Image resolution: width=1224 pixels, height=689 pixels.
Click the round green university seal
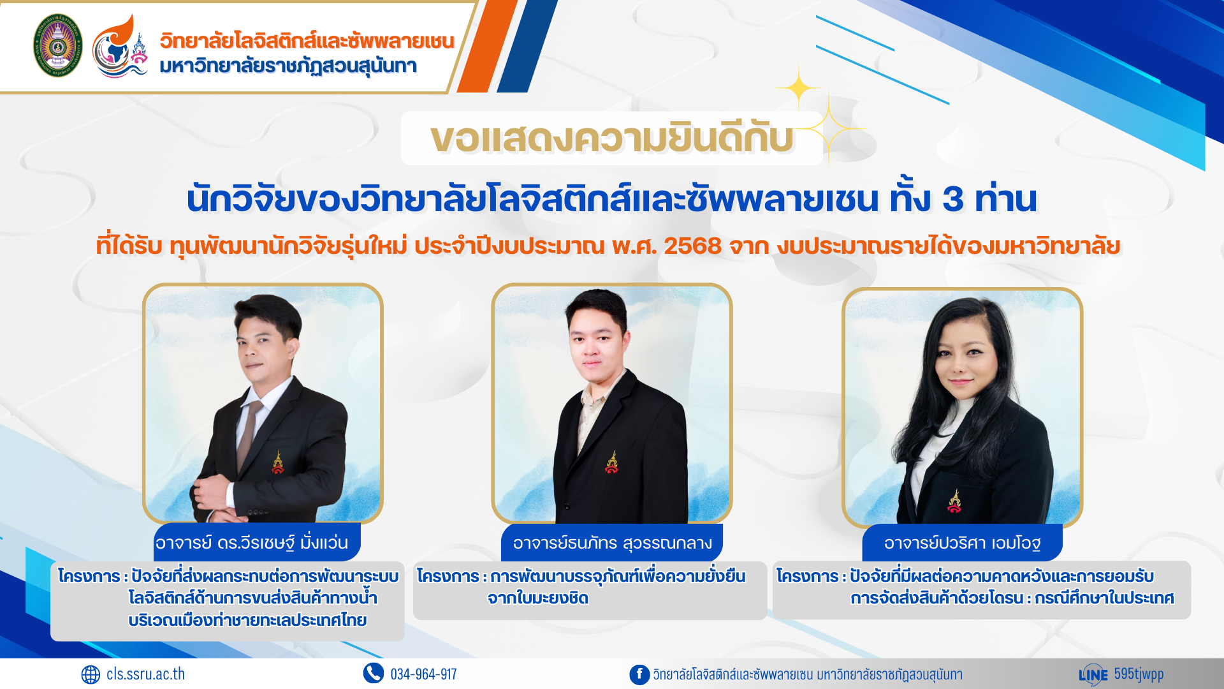coord(57,45)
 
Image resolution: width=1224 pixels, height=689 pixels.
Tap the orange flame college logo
coord(120,46)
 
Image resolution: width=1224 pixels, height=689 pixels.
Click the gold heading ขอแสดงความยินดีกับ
coord(612,138)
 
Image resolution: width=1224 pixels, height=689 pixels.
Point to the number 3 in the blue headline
coord(953,198)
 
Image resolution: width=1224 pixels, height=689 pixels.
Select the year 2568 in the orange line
coord(692,246)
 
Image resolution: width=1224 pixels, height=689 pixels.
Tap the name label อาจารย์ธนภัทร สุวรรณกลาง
coord(612,543)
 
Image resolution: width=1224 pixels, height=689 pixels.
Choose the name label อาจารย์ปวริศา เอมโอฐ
coord(962,543)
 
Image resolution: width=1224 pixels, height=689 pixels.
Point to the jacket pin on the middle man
coord(612,463)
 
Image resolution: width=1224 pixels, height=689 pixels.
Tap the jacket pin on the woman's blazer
coord(954,501)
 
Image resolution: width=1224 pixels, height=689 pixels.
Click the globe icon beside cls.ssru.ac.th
coord(91,674)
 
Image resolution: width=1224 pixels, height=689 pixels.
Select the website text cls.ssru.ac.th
coord(145,674)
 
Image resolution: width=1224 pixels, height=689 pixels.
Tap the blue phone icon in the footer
coord(374,673)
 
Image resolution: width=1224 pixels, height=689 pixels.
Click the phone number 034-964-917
coord(423,674)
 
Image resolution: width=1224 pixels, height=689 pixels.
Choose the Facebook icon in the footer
coord(639,674)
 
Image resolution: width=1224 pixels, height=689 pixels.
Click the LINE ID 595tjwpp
coord(1139,674)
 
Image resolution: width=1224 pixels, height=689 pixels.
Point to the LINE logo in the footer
coord(1093,674)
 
